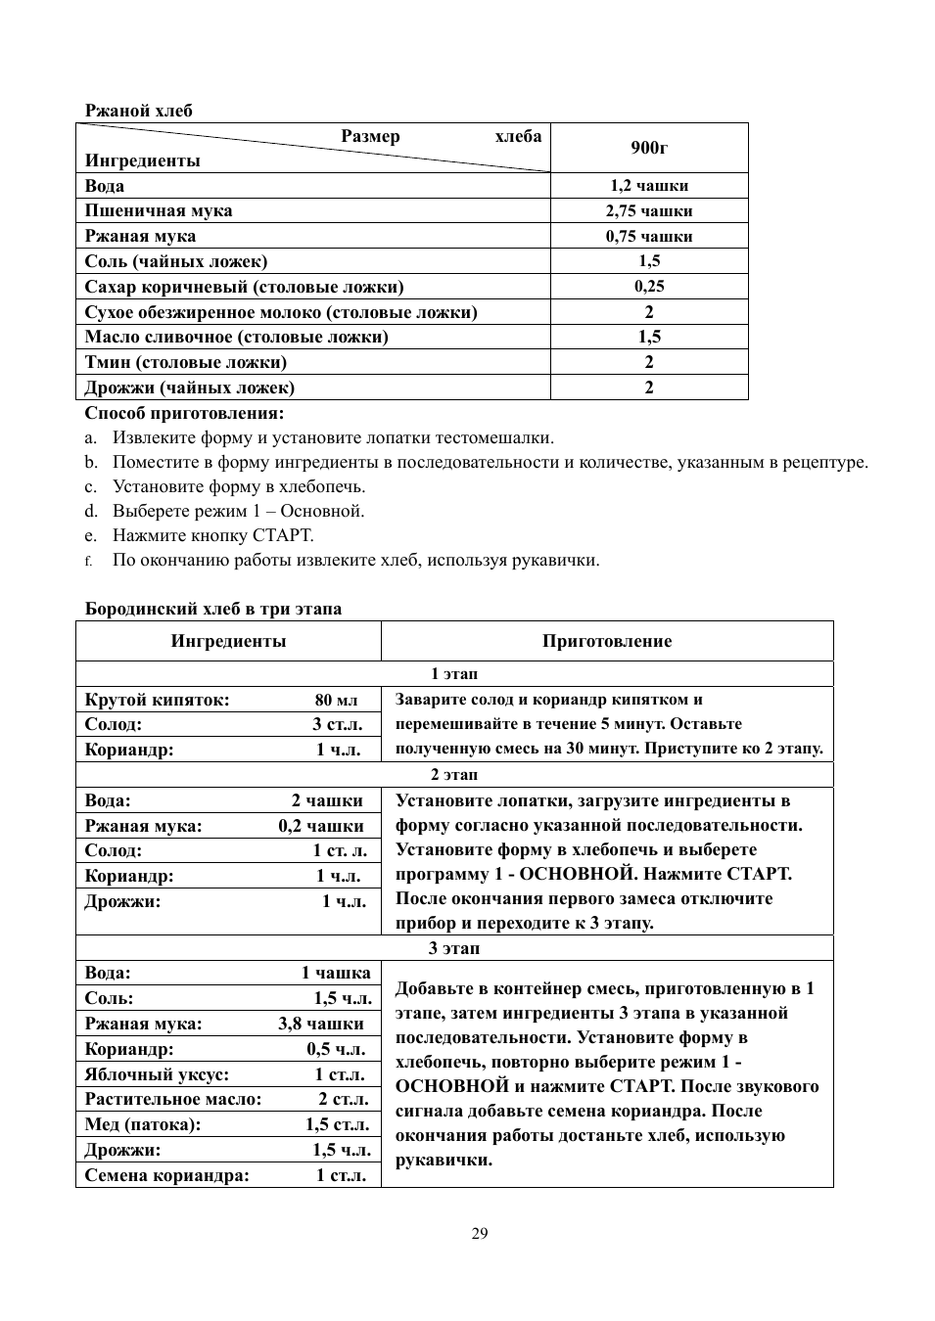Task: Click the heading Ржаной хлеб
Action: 138,111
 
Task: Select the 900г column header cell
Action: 649,148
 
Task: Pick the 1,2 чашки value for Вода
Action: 649,186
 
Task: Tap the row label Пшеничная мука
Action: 159,211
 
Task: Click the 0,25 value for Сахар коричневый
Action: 649,287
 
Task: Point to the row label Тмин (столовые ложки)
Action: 185,363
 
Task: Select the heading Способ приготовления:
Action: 184,413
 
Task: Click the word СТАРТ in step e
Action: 282,536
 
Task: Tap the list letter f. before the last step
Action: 88,562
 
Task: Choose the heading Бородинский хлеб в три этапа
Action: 213,609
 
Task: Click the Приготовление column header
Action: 607,642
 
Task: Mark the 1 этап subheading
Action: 454,674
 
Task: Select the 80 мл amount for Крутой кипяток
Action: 336,701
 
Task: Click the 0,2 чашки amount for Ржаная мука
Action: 320,826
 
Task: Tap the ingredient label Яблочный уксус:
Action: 157,1074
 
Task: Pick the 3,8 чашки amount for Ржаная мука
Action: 320,1024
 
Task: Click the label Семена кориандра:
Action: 166,1176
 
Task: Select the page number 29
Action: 479,1233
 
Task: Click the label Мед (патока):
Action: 143,1125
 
